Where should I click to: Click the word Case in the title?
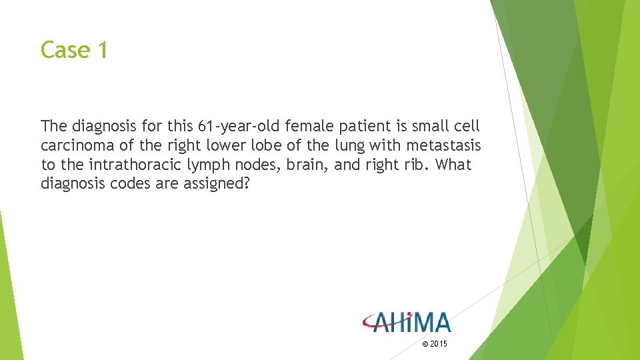click(64, 50)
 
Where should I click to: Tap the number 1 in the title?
click(101, 50)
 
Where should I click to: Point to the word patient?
click(363, 126)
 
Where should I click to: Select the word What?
click(453, 165)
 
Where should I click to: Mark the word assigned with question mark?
click(218, 183)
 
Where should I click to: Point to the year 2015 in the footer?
click(438, 344)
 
